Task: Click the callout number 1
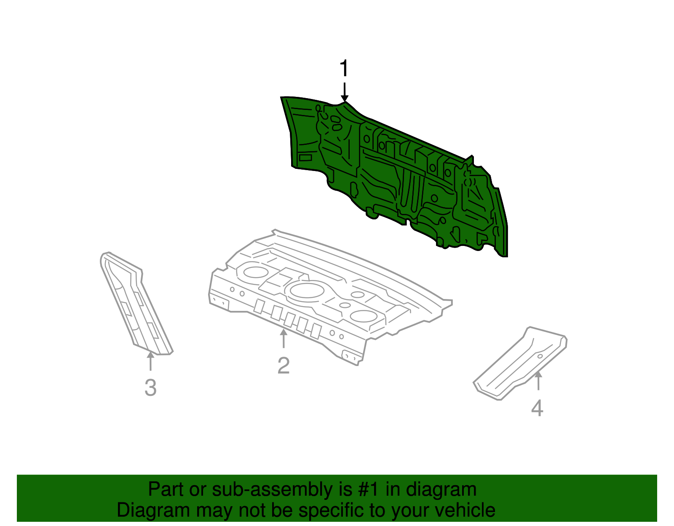pyautogui.click(x=344, y=69)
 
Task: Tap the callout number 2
pyautogui.click(x=284, y=366)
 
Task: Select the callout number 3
pyautogui.click(x=150, y=388)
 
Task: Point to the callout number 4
pyautogui.click(x=537, y=408)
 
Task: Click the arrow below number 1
pyautogui.click(x=345, y=92)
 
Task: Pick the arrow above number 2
pyautogui.click(x=284, y=339)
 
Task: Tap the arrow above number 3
pyautogui.click(x=150, y=361)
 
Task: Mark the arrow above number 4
pyautogui.click(x=538, y=381)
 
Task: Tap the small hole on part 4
pyautogui.click(x=540, y=356)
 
